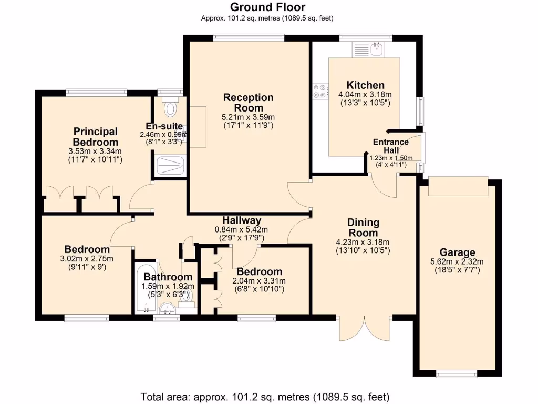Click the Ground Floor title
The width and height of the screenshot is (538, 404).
click(x=267, y=7)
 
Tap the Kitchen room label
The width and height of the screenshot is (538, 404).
click(x=365, y=85)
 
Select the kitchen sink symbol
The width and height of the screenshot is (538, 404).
click(x=376, y=50)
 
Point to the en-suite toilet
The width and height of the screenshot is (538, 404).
click(x=171, y=108)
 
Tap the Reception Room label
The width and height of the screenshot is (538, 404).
click(x=249, y=103)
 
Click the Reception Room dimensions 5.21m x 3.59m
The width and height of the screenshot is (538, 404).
click(x=249, y=117)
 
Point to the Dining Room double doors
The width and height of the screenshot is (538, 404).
click(x=365, y=329)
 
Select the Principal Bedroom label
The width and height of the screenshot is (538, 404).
click(x=95, y=137)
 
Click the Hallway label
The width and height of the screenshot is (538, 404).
click(x=241, y=220)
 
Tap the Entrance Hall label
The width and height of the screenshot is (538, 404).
click(x=390, y=146)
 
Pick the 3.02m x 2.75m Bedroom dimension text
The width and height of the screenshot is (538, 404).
click(x=87, y=258)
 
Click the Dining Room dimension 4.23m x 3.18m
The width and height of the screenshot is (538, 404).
click(x=363, y=242)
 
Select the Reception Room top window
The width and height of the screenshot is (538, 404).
click(x=240, y=37)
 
